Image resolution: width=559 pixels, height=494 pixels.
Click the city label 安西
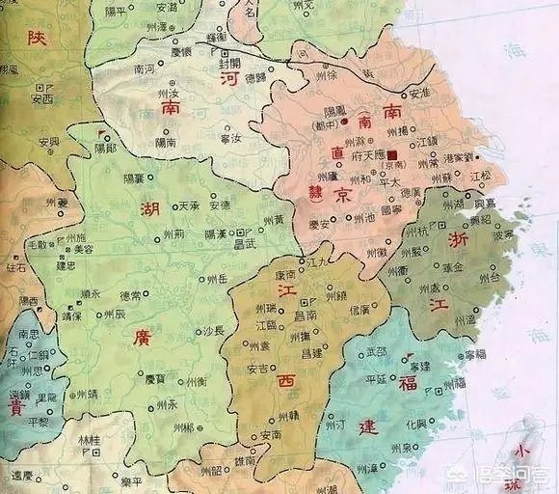(x=41, y=98)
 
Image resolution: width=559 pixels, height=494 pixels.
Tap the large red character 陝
(x=38, y=38)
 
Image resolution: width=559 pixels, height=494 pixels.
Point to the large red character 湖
(x=151, y=208)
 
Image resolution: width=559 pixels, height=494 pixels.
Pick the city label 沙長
(x=212, y=330)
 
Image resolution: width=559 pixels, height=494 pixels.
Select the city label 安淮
(x=419, y=93)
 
